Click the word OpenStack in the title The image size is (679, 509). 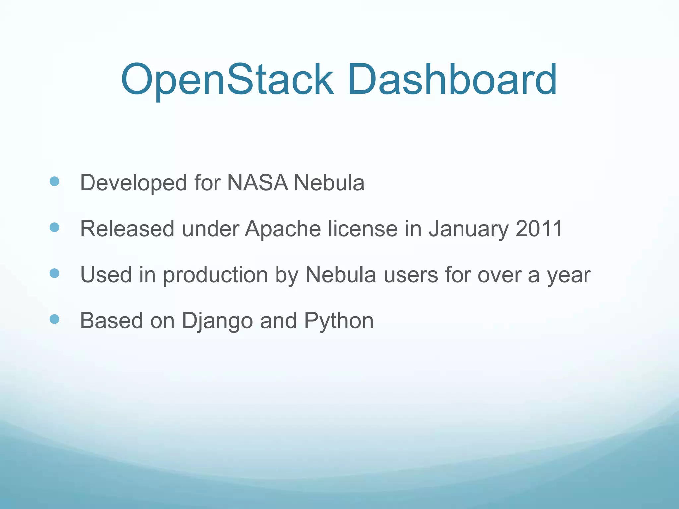tap(227, 80)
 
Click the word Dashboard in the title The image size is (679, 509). tap(452, 80)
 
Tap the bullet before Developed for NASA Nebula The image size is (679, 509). tap(54, 181)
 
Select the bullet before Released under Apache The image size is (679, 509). tap(54, 227)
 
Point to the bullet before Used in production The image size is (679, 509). tap(54, 273)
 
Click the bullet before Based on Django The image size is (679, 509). tap(54, 319)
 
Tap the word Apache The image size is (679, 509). tap(283, 229)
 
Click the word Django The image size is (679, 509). tap(217, 321)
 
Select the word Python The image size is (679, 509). tap(339, 321)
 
